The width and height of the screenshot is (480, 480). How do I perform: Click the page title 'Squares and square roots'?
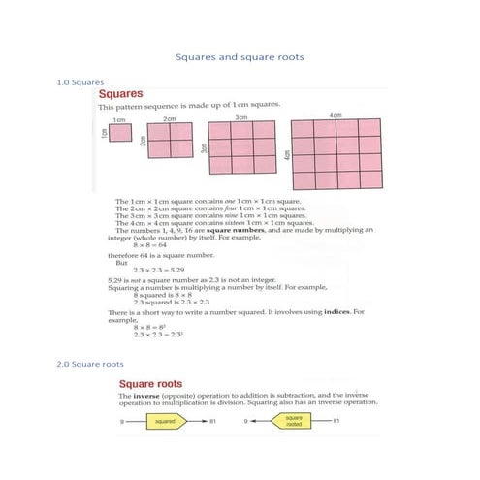pos(240,57)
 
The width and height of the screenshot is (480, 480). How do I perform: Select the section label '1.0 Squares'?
pos(80,83)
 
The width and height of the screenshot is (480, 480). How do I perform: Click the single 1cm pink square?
pos(120,133)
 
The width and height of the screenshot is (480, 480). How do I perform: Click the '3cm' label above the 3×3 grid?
pos(240,116)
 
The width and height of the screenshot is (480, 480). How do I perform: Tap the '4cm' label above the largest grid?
pos(336,115)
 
